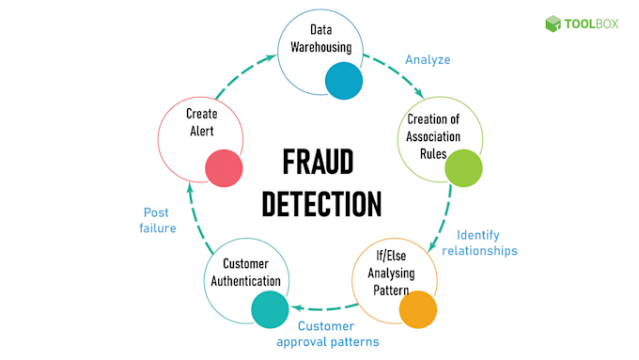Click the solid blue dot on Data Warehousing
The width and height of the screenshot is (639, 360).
point(344,81)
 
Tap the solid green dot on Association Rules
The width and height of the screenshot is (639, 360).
point(463,168)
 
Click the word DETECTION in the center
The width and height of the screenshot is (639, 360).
point(320,204)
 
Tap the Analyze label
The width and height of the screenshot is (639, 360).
point(428,60)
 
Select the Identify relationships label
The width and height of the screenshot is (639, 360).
point(487,243)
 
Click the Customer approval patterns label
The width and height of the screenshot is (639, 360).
point(328,335)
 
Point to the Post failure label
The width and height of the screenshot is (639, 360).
point(159,220)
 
